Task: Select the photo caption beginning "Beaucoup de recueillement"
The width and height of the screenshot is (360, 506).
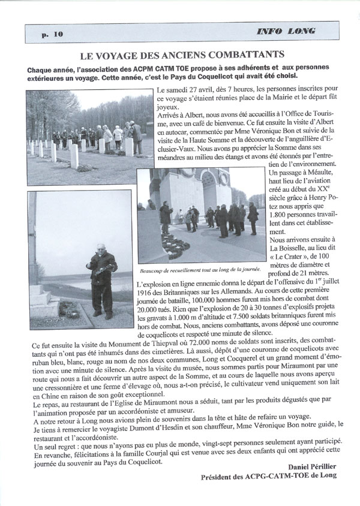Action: click(189, 269)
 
